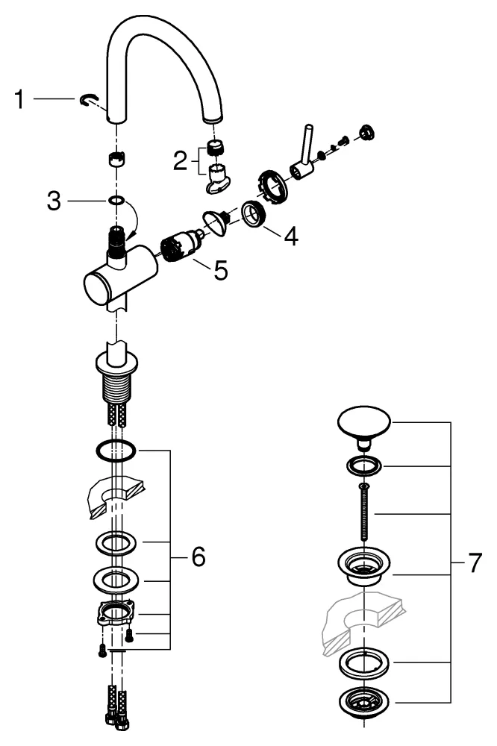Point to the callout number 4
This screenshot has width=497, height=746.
[x=290, y=236]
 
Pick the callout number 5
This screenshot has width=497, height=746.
[x=220, y=270]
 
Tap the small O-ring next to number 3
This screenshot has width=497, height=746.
[x=116, y=201]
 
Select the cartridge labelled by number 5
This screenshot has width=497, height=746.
[x=179, y=246]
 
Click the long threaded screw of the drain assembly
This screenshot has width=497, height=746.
[x=363, y=515]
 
